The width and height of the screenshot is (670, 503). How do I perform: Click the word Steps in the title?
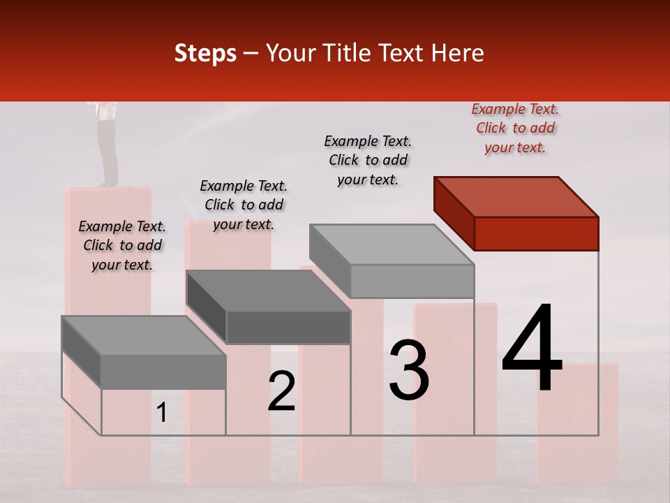[x=205, y=53]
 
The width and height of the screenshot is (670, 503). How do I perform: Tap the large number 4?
[x=532, y=350]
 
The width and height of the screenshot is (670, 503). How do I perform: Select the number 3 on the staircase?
[x=409, y=370]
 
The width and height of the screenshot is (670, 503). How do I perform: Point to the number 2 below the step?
[x=282, y=391]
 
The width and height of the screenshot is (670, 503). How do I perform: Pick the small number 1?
[x=162, y=413]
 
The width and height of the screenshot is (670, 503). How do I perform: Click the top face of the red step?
[x=516, y=196]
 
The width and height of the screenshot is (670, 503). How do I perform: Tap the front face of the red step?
[x=536, y=233]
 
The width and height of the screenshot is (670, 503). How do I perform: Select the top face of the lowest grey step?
[x=143, y=335]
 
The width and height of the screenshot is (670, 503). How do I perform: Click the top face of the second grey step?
[x=267, y=290]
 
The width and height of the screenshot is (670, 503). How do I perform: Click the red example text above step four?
[x=515, y=129]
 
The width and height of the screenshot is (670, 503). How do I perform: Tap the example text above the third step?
[x=368, y=160]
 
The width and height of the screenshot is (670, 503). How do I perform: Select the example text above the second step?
[x=244, y=205]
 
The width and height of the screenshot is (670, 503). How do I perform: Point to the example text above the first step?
[x=122, y=245]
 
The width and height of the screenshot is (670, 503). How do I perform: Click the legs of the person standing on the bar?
[x=107, y=150]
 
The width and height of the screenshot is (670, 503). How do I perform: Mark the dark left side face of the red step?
[x=454, y=212]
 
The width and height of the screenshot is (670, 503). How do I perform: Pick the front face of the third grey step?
[x=412, y=281]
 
